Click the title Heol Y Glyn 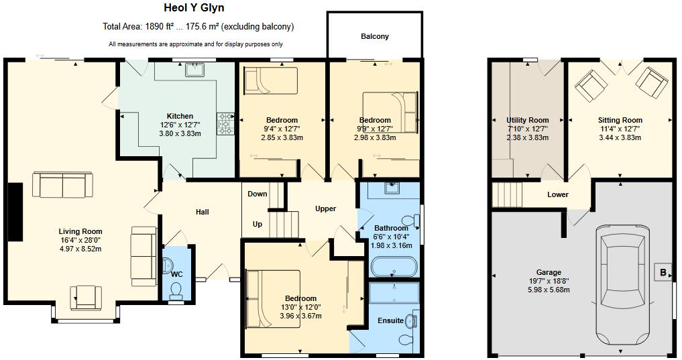click(x=194, y=9)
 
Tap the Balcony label click(x=374, y=36)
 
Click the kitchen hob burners click(x=223, y=123)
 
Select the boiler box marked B click(x=663, y=273)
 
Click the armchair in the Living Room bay click(x=85, y=297)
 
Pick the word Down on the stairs click(x=258, y=194)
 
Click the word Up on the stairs click(x=258, y=224)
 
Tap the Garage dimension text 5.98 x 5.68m click(x=548, y=290)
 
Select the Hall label click(x=202, y=213)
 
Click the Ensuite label click(x=390, y=320)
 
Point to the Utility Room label click(x=527, y=121)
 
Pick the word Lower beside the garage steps click(x=557, y=195)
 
